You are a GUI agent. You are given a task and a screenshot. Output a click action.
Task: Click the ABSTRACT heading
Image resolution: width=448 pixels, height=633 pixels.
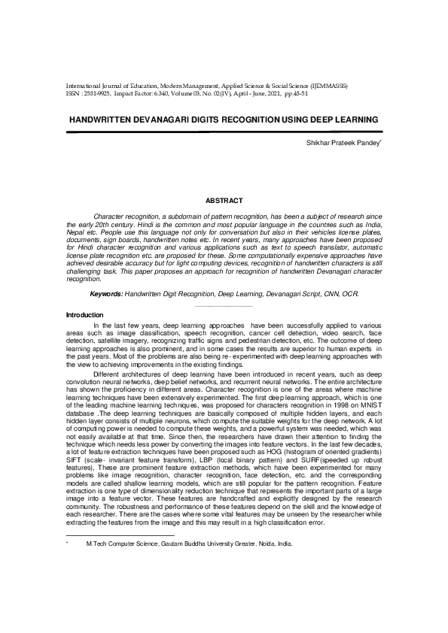(x=224, y=201)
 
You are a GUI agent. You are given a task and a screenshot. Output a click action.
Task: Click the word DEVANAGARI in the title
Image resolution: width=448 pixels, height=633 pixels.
(x=162, y=120)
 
